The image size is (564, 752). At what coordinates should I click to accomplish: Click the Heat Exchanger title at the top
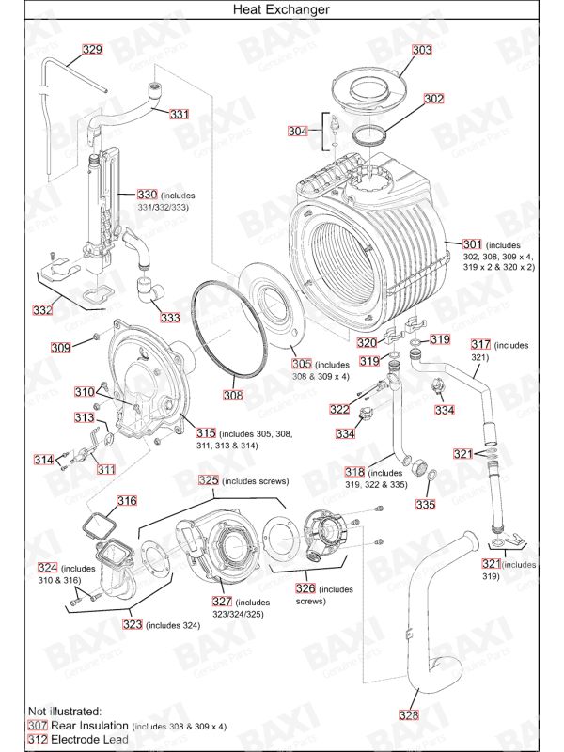(x=282, y=8)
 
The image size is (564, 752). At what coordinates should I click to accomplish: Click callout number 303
(x=422, y=49)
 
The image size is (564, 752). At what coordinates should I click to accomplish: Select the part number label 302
(x=433, y=98)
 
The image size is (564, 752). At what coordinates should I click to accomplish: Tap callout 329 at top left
(x=92, y=49)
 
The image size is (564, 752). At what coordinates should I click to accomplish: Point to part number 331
(x=180, y=114)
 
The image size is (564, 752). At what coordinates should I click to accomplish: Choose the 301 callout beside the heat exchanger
(x=473, y=244)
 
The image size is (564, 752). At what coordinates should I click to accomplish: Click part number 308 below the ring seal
(x=233, y=395)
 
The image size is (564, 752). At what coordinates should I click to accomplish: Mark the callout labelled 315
(x=206, y=433)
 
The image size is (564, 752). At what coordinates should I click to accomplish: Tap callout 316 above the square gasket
(x=126, y=501)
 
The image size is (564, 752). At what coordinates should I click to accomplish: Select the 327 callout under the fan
(x=222, y=602)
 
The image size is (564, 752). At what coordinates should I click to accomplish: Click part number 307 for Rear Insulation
(x=38, y=726)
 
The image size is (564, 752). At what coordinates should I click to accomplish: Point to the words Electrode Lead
(x=94, y=740)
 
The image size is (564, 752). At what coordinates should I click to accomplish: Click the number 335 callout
(x=426, y=505)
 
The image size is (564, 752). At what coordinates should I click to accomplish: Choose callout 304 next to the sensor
(x=297, y=132)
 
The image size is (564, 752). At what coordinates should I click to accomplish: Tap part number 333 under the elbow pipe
(x=170, y=318)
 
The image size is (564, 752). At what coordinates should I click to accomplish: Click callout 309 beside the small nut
(x=60, y=348)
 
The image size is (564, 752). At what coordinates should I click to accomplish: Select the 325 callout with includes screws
(x=208, y=479)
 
